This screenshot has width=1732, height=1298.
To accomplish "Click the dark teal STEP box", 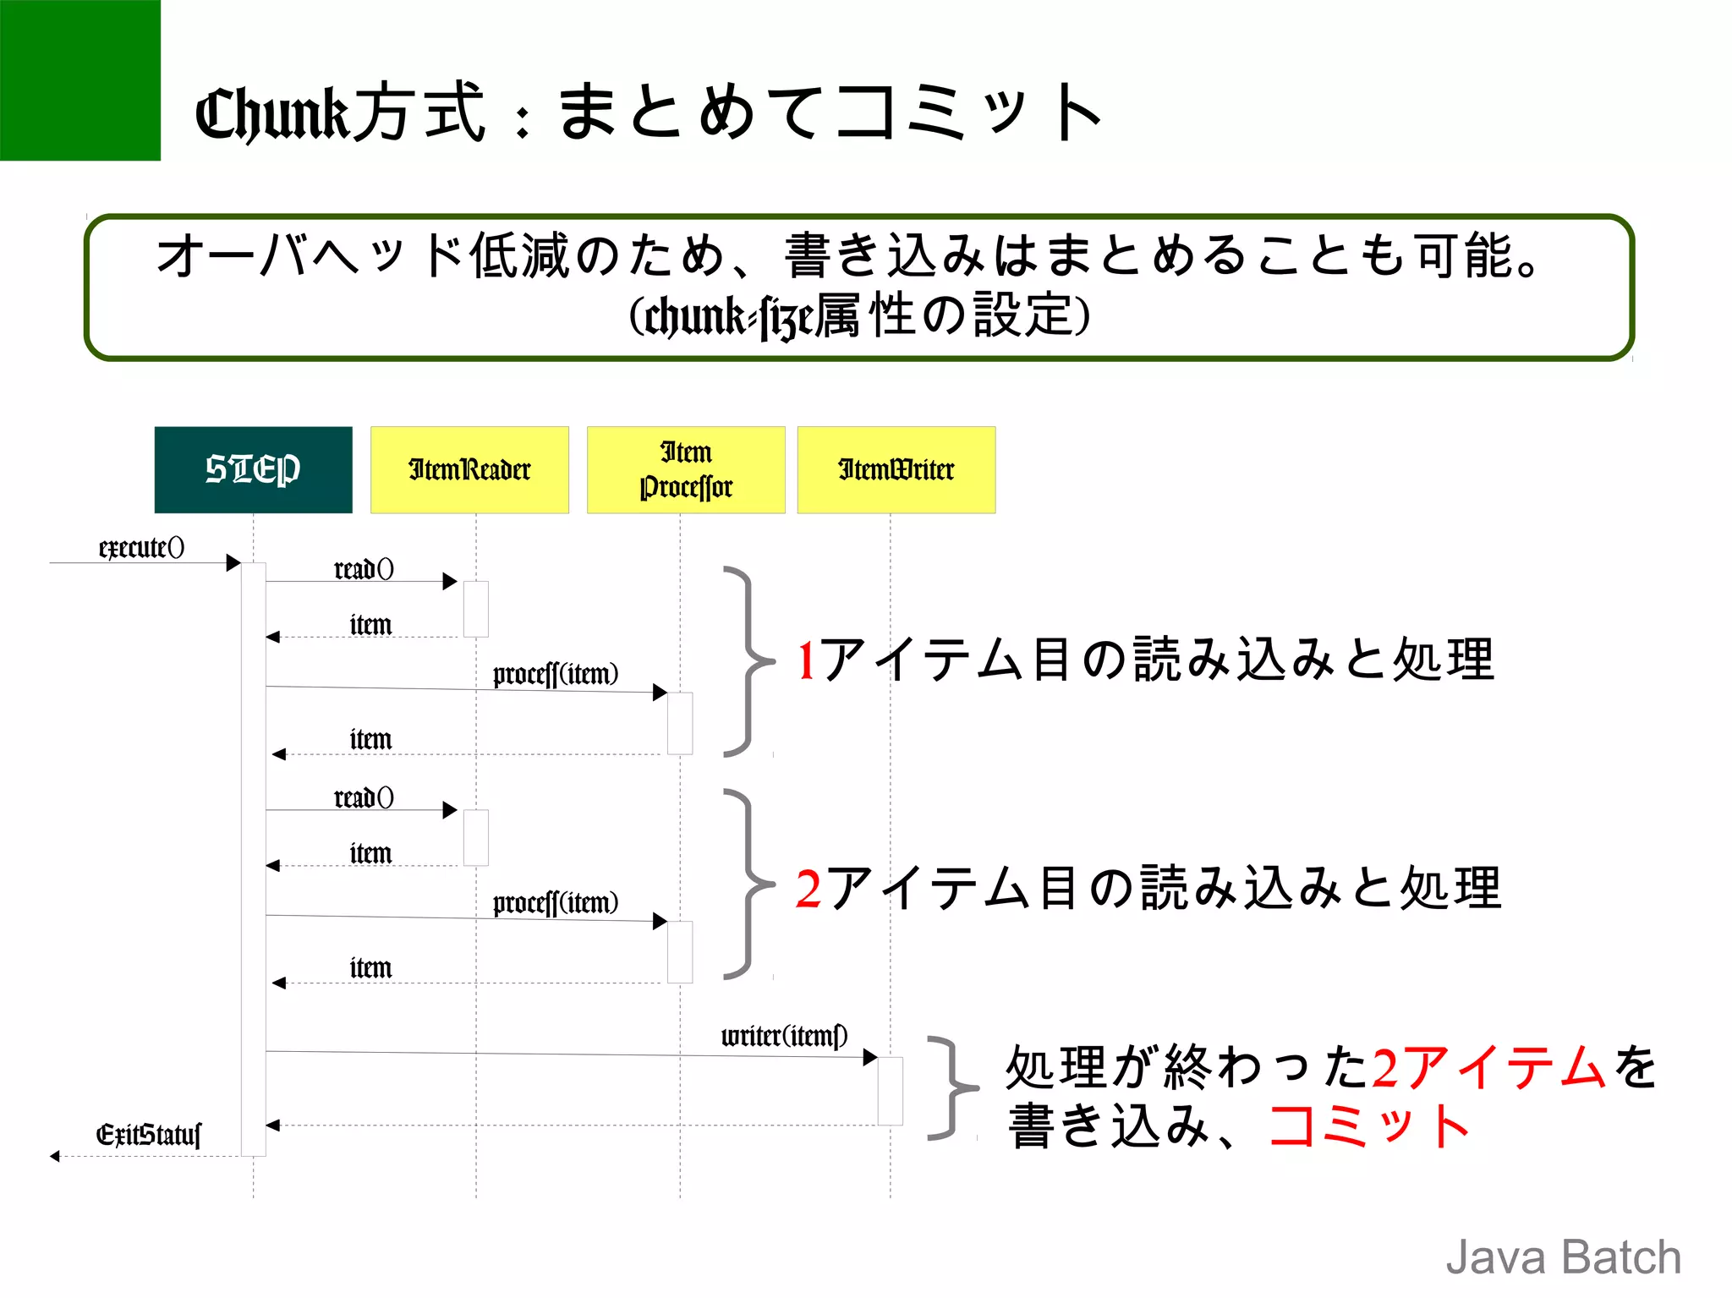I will [x=253, y=469].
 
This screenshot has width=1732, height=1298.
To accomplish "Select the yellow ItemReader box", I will [x=469, y=469].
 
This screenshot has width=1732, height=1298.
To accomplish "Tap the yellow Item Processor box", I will [x=686, y=469].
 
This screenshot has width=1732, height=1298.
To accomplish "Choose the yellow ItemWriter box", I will [x=896, y=469].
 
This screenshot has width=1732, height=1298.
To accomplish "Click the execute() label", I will [x=141, y=548].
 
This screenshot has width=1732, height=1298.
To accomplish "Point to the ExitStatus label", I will [x=149, y=1134].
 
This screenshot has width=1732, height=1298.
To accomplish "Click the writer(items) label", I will [x=784, y=1036].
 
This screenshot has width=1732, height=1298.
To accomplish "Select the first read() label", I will [x=364, y=569].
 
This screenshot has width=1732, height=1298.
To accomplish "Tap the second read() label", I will [x=364, y=797].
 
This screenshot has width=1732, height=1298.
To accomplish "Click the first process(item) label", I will [x=556, y=674].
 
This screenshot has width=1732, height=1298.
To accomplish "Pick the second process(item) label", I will [x=556, y=903].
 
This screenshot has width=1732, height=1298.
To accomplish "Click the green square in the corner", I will [x=79, y=79].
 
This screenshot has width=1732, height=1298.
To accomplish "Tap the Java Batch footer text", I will [x=1563, y=1257].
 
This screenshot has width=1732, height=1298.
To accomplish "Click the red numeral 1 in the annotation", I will [x=806, y=660].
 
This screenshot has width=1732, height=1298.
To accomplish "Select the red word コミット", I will [x=1368, y=1126].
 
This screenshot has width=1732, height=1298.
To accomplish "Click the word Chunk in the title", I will [x=271, y=114].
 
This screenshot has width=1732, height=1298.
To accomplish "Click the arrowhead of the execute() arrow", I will [x=234, y=563].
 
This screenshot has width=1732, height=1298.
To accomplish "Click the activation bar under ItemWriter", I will [x=890, y=1091].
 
